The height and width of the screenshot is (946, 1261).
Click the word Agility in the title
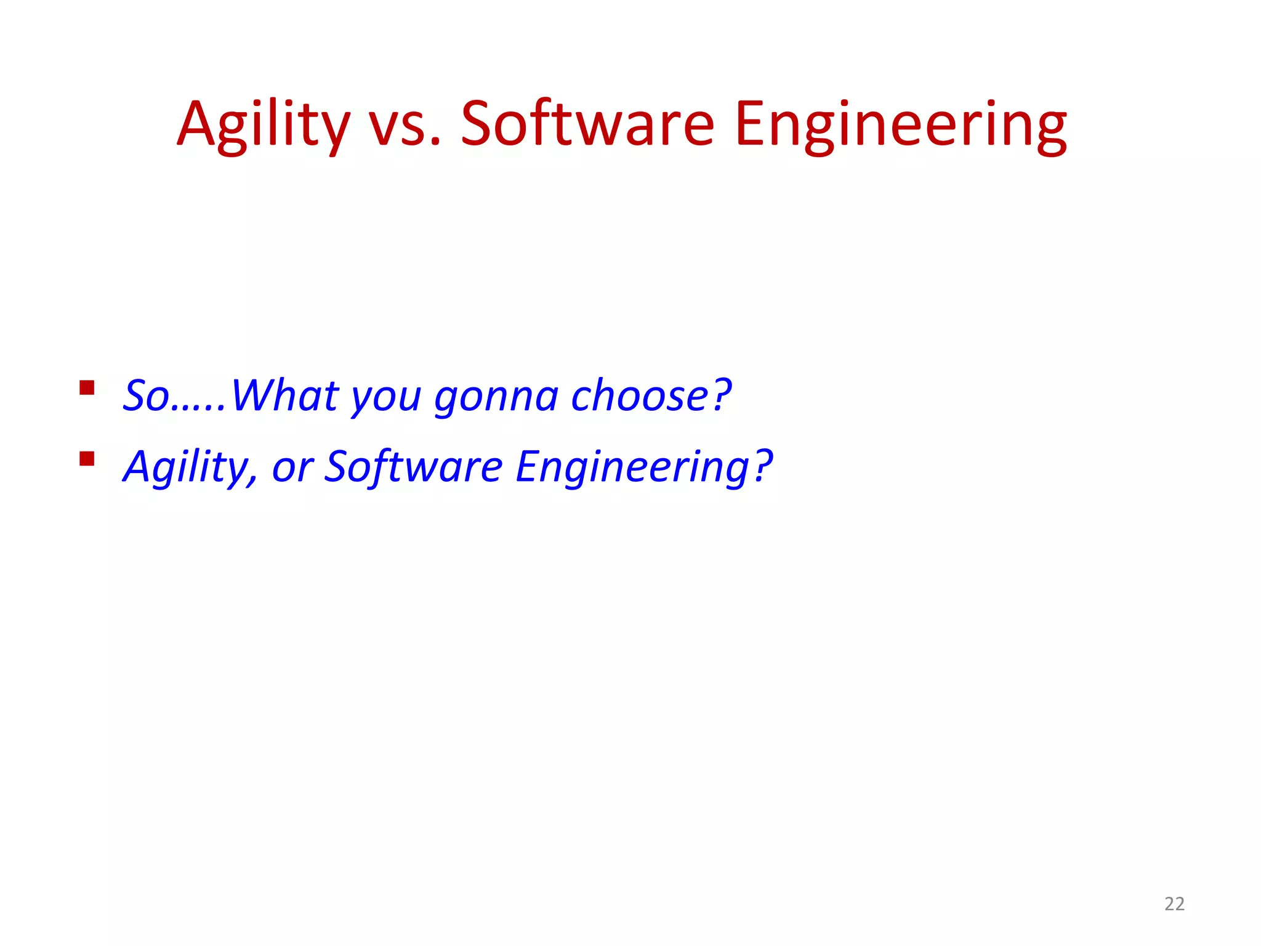264,125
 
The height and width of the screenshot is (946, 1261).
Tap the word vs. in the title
405,125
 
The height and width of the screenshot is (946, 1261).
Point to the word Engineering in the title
900,125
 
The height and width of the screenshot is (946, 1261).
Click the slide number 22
1174,904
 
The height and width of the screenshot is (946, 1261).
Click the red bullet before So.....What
87,387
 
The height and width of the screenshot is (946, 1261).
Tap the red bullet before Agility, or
87,459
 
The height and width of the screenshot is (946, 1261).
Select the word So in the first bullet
146,395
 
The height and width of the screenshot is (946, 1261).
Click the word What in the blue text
284,395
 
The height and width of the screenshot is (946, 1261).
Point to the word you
386,397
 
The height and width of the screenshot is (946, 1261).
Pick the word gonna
496,397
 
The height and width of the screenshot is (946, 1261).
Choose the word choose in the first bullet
640,395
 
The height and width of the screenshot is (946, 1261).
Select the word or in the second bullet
292,468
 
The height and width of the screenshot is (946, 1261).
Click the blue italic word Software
413,466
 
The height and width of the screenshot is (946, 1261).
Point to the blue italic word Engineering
632,467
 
